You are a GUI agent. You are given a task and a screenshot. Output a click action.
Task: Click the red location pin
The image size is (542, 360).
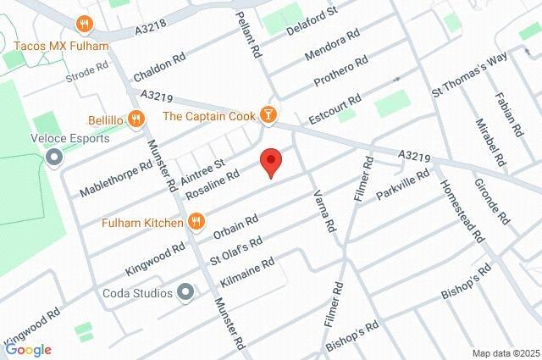click(x=270, y=161)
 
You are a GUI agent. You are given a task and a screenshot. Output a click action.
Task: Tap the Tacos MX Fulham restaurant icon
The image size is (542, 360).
click(x=83, y=23)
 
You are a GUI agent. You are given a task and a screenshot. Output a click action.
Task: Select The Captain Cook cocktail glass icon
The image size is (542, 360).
click(x=268, y=114)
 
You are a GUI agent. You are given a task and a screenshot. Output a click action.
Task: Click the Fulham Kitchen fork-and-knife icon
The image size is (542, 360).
click(x=196, y=223)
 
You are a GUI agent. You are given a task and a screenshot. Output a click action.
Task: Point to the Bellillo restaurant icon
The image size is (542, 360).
click(x=135, y=119)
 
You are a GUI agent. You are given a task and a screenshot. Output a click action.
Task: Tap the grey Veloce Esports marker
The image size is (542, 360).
click(x=55, y=157)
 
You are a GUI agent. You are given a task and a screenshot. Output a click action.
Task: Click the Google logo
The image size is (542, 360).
click(x=28, y=349)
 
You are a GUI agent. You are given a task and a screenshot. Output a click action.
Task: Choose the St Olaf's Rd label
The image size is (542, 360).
click(x=236, y=248)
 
